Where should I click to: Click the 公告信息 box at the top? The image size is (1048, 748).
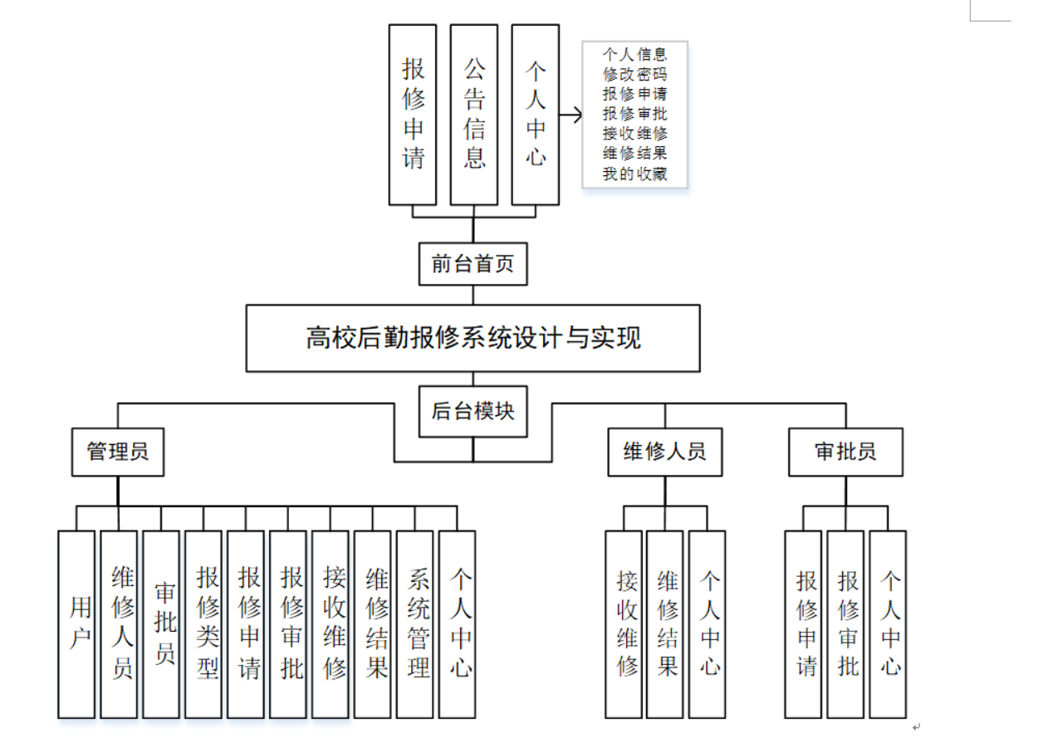coord(474,115)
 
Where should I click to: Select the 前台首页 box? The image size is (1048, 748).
coord(473,264)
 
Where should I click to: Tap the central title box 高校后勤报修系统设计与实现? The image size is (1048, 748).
coord(473,338)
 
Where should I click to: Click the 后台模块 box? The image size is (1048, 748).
coord(473,411)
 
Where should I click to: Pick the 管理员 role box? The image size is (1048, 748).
coord(118,452)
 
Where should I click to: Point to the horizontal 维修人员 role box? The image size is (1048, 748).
coord(664,452)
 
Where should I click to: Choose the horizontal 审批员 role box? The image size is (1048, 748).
coord(845,452)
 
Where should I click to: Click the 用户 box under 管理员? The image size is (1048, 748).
coord(76,624)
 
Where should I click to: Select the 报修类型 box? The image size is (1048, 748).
coord(204,624)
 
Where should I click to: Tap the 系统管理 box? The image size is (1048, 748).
coord(415,624)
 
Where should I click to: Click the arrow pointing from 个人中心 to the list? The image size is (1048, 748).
coord(571,115)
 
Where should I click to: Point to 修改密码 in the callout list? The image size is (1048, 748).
coord(634,74)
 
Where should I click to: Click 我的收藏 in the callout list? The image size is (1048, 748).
coord(634,174)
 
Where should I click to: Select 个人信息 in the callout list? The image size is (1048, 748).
coord(634,54)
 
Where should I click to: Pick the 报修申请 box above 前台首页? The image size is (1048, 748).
coord(413,115)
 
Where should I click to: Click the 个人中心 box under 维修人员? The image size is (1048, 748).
coord(708,624)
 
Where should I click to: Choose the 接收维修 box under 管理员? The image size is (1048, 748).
coord(331,624)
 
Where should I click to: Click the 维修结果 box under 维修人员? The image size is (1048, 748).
coord(665,624)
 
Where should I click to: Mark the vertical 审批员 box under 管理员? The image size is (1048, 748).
coord(161,624)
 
